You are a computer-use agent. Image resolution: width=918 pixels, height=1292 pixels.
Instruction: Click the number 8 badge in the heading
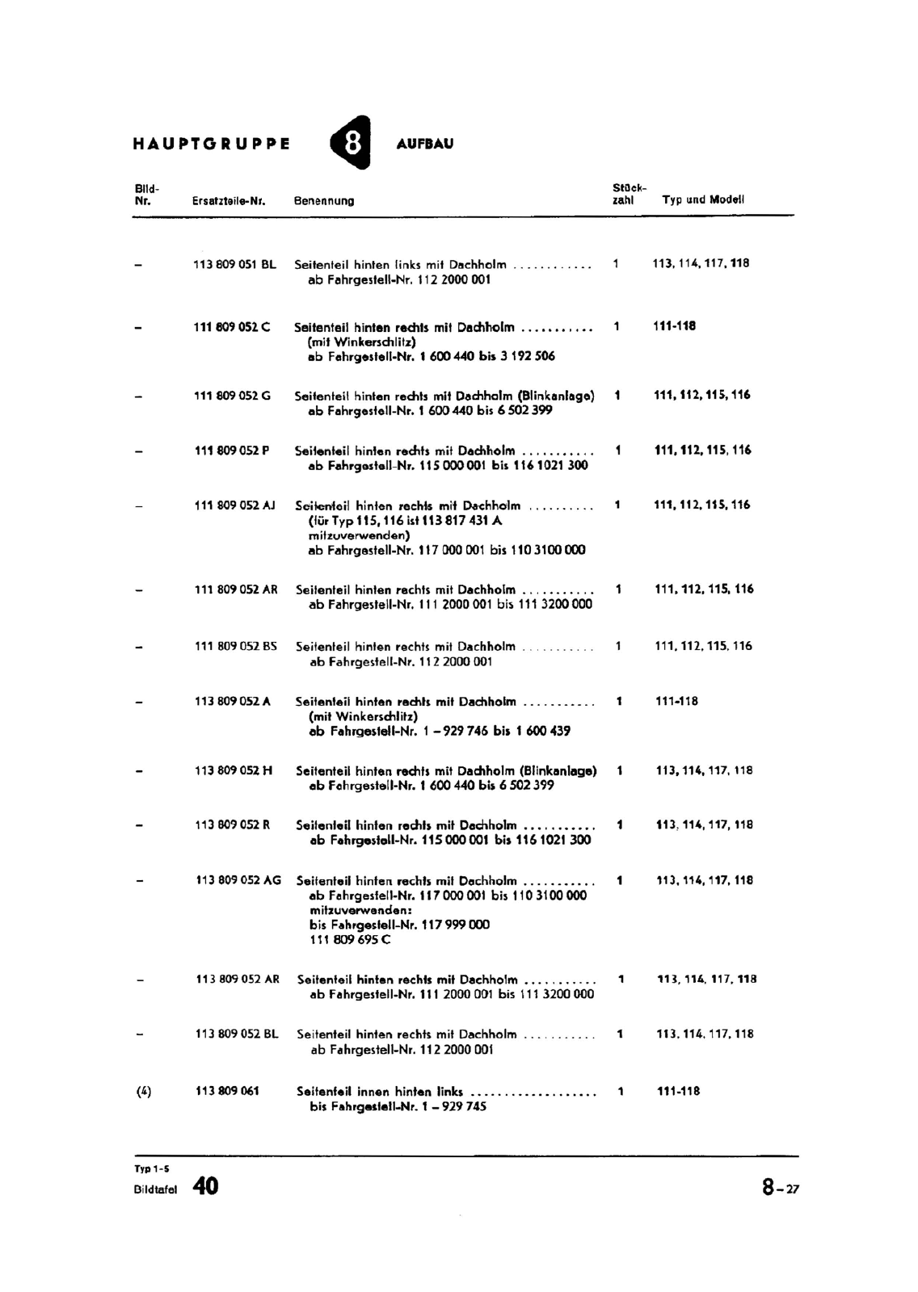352,143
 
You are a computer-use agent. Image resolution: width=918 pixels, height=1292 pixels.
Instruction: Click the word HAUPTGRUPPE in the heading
212,145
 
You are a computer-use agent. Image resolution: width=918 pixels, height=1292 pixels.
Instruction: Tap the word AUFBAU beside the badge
425,144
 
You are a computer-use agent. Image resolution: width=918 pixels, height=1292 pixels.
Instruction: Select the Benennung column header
324,201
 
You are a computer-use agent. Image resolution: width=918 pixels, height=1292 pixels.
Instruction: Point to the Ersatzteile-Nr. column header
229,201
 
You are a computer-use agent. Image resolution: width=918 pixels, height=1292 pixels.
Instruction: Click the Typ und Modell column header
703,199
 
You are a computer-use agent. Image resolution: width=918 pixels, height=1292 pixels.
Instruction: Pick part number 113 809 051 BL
234,264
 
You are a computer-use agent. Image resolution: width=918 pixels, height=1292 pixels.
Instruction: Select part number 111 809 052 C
232,327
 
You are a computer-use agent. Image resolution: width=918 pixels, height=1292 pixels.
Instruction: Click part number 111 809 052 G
233,396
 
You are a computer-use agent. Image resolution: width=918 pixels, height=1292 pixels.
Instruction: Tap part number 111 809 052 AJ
235,505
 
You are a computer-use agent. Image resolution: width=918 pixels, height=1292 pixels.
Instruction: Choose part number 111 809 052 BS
235,646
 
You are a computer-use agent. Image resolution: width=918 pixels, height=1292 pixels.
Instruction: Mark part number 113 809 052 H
234,770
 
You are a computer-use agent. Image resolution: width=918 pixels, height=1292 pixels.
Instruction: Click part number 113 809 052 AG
238,880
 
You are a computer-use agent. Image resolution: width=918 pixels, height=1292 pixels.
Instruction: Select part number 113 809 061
227,1091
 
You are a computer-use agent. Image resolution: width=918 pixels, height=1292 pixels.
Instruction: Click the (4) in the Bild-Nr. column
144,1092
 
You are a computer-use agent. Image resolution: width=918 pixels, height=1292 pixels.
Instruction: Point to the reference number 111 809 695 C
350,940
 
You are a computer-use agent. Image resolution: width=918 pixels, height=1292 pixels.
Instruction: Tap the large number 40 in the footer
205,1186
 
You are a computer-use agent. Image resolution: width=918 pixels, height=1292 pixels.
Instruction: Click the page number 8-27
779,1188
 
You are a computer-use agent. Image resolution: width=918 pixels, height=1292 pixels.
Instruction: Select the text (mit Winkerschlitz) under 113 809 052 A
363,716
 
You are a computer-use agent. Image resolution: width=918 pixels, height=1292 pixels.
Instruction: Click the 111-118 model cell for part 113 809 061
678,1092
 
